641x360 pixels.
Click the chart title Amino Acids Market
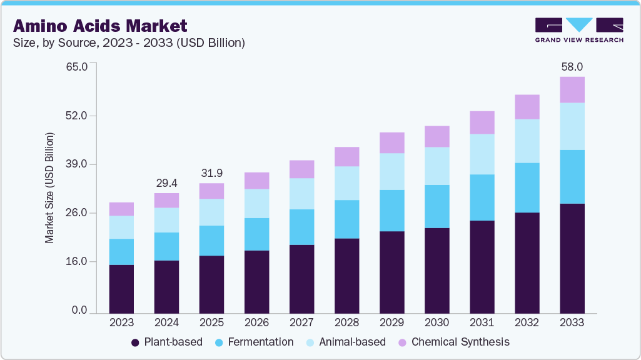[100, 26]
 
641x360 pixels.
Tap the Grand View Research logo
[579, 30]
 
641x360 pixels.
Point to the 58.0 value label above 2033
[572, 66]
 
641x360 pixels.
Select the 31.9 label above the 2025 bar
[211, 172]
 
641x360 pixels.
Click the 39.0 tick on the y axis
[84, 164]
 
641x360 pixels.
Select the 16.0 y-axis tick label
[84, 262]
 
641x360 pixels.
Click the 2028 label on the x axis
[346, 322]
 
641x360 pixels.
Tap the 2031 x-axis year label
[482, 322]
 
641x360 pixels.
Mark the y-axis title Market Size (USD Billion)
[49, 188]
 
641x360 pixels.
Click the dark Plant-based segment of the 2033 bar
[572, 257]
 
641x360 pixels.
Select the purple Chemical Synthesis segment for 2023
[121, 209]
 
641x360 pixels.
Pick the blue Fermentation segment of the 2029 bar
[391, 211]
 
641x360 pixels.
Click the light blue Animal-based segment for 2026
[256, 203]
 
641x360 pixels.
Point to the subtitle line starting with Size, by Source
[129, 43]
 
